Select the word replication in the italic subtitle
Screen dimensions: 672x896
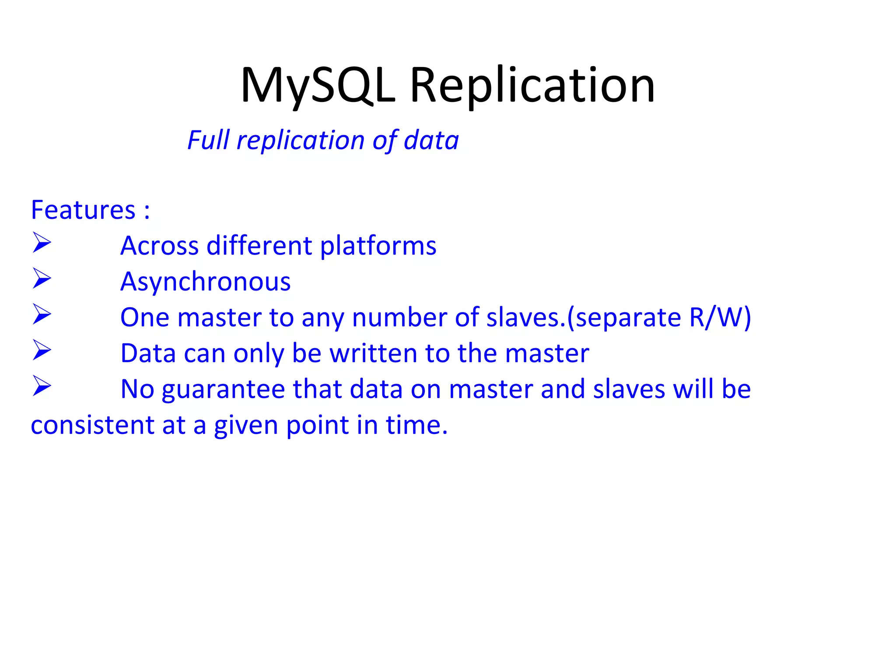301,141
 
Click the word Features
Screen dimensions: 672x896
83,210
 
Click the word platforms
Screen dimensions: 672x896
378,246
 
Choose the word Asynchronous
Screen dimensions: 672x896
206,282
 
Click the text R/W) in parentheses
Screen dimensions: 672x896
720,318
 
